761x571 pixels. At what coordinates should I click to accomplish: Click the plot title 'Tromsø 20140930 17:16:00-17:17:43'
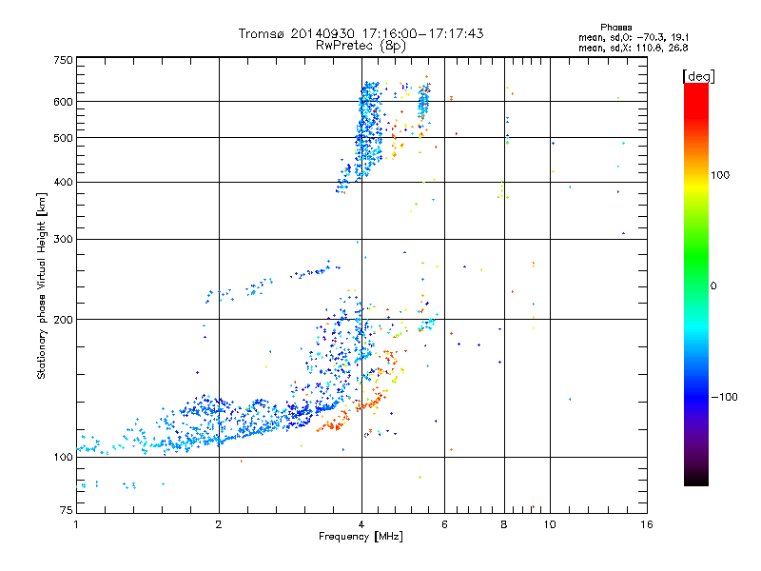361,33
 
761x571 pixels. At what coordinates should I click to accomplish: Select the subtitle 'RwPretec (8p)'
361,45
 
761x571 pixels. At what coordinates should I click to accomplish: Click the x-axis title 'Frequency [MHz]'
361,537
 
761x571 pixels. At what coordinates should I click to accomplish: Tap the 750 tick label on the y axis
63,60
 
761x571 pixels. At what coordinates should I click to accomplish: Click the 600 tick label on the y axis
63,102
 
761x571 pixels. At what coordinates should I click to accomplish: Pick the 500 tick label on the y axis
63,138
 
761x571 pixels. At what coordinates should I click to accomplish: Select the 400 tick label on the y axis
63,183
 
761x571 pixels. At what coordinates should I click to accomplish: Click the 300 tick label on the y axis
63,240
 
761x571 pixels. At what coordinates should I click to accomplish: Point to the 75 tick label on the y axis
66,511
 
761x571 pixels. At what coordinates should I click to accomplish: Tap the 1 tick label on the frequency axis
77,524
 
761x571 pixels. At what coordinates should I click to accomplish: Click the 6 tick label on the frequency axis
445,524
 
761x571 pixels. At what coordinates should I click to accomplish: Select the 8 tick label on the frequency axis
504,524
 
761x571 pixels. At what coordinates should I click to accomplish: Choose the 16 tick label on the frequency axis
646,524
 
